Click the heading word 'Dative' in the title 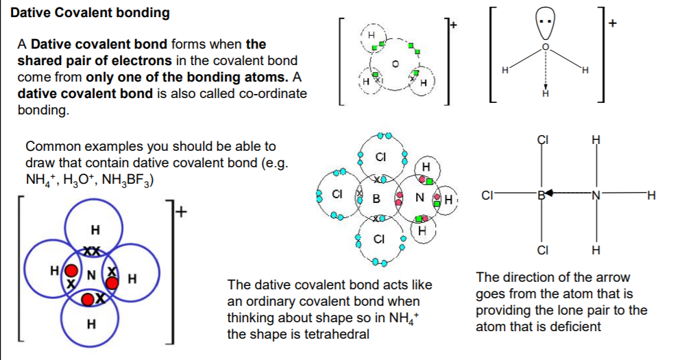tap(32, 13)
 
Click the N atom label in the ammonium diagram tap(91, 274)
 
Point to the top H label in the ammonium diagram tap(95, 230)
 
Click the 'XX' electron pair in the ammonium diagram tap(91, 251)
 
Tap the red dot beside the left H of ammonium tap(71, 271)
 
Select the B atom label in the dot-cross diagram tap(376, 198)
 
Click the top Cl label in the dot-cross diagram tap(380, 157)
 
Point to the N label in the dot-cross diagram tap(419, 197)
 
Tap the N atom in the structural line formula tap(596, 195)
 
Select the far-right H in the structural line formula tap(651, 195)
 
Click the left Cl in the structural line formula tap(487, 195)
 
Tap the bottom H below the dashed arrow tap(545, 93)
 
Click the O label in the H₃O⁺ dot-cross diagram tap(395, 64)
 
